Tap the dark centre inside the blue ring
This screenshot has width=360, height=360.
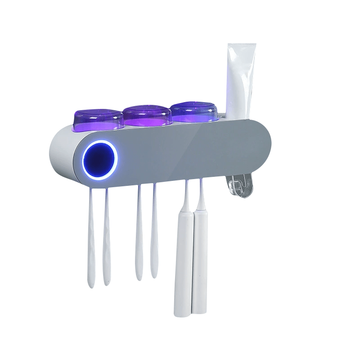coord(100,160)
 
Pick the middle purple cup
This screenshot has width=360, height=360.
coord(147,116)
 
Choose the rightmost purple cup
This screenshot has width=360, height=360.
coord(194,113)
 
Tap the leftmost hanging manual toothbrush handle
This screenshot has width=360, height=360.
coord(91,243)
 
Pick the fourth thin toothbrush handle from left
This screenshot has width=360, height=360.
coord(154,234)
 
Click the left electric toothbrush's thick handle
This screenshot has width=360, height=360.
coord(183,265)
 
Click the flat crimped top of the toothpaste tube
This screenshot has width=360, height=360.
coord(242,46)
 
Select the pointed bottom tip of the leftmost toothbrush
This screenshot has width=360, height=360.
coord(91,285)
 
